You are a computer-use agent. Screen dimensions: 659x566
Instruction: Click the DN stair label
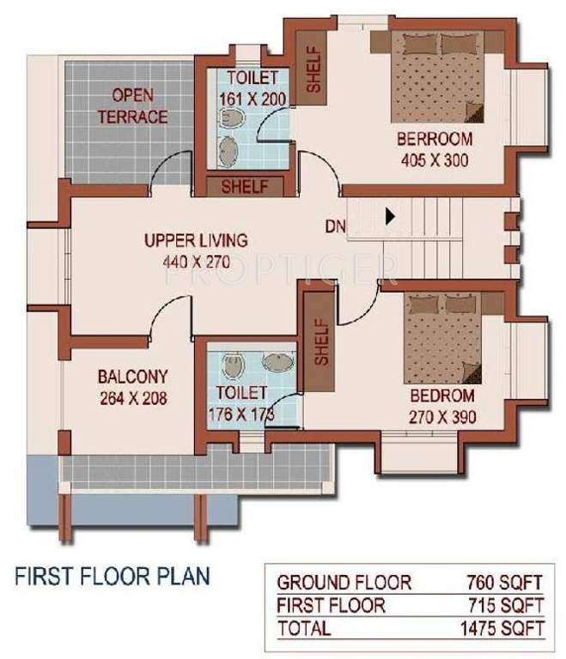(x=335, y=227)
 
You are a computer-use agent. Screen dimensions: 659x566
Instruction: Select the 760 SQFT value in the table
(x=504, y=581)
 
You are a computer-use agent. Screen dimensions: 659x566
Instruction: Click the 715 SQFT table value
(x=504, y=605)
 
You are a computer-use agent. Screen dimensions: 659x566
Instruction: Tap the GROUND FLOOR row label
(x=344, y=581)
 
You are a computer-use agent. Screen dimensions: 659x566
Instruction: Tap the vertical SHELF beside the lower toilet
(x=321, y=342)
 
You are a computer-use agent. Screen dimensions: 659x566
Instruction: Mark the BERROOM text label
(x=434, y=140)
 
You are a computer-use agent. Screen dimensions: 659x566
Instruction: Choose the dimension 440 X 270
(x=196, y=263)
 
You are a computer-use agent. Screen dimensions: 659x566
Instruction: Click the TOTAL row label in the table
(x=304, y=628)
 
